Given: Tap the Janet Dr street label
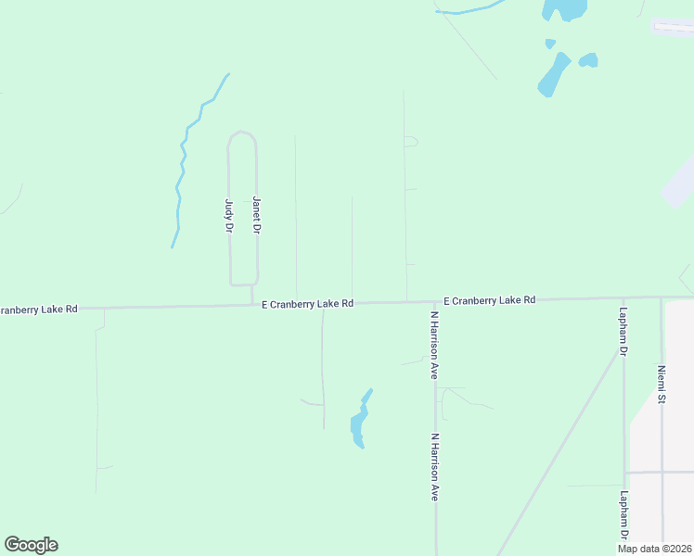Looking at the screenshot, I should (257, 215).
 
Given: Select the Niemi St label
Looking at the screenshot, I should (662, 385).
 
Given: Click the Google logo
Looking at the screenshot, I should (31, 545).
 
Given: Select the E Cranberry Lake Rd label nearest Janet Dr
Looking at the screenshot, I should (307, 303).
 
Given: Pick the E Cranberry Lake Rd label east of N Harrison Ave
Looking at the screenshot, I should (489, 300).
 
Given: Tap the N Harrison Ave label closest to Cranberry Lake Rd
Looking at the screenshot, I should (433, 345).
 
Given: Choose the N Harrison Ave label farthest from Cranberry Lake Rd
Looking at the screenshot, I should (433, 466).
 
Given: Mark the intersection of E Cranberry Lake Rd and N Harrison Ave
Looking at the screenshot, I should (434, 301).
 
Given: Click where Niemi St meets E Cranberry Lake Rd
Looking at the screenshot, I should (662, 297).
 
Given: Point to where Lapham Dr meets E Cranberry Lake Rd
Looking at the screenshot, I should (623, 298).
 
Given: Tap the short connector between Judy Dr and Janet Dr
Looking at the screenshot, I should (243, 284).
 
